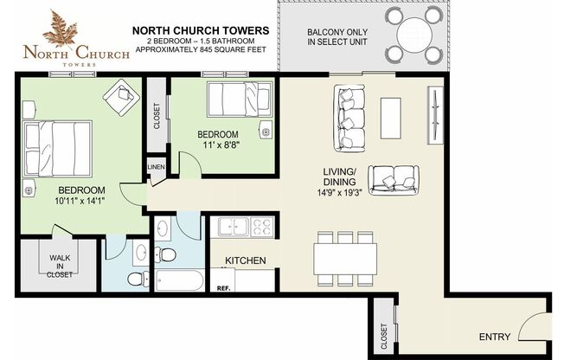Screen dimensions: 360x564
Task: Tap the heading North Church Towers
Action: tap(200, 31)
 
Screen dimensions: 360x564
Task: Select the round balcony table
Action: tap(406, 39)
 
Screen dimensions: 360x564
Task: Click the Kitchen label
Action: tap(245, 260)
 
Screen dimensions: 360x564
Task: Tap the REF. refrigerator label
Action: tap(223, 287)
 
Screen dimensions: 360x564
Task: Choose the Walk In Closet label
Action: tap(59, 266)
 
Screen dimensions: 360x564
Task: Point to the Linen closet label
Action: tap(157, 167)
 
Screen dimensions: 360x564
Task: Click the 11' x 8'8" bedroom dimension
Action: tap(218, 145)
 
